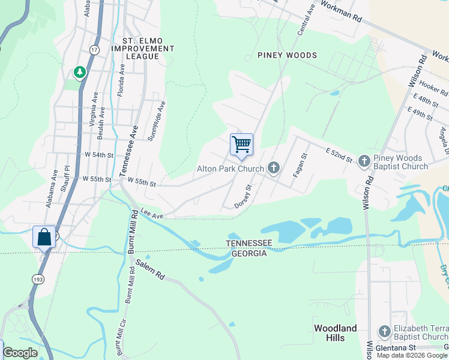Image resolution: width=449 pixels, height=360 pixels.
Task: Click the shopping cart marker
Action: (x=241, y=144)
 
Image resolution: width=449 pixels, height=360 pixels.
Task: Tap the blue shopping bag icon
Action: (x=44, y=236)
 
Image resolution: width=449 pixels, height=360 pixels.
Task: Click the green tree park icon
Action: (x=79, y=73)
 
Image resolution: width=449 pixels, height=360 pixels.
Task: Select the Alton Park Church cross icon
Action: (x=274, y=167)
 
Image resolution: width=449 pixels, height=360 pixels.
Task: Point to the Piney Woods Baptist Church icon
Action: (x=364, y=161)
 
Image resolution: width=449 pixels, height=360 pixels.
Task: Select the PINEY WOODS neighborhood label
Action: (x=287, y=55)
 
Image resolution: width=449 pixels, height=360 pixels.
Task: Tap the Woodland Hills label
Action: (x=336, y=333)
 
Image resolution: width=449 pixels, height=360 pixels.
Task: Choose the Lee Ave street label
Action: (x=152, y=212)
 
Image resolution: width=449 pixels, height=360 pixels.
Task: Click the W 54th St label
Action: (x=99, y=155)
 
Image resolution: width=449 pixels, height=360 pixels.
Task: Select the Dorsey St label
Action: (x=242, y=196)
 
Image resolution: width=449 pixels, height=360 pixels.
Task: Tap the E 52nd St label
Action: (x=339, y=154)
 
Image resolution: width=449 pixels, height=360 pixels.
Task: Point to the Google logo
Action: (x=20, y=353)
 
